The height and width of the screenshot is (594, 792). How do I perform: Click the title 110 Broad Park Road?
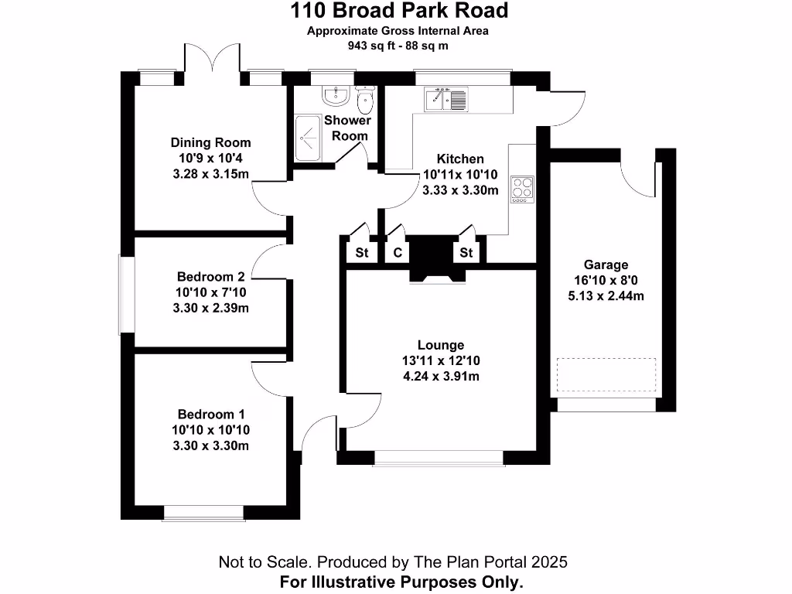(x=399, y=11)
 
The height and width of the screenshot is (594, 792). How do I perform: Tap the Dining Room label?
(x=210, y=142)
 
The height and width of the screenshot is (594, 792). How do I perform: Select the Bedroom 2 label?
(x=210, y=277)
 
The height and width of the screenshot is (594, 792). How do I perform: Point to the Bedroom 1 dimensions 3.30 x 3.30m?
(x=210, y=445)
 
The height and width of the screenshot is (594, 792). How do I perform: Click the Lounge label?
(x=441, y=345)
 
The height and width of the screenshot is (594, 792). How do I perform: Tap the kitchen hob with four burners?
(x=523, y=189)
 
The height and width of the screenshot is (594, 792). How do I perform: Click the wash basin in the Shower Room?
(x=335, y=95)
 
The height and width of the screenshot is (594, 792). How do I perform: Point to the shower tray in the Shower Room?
(x=311, y=138)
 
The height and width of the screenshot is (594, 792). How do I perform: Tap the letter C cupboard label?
(x=398, y=253)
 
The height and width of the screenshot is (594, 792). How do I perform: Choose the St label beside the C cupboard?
(x=361, y=253)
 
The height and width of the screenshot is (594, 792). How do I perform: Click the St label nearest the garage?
(x=466, y=253)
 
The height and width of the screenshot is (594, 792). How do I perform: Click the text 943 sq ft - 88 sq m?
(x=398, y=46)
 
